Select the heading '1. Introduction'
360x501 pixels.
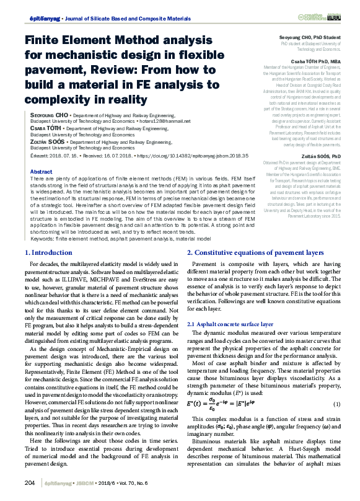(48, 253)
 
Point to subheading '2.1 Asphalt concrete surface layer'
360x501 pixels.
(230, 324)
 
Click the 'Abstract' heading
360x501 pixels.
(41, 172)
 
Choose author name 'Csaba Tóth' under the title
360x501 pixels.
(48, 128)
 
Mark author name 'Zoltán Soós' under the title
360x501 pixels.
(47, 142)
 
